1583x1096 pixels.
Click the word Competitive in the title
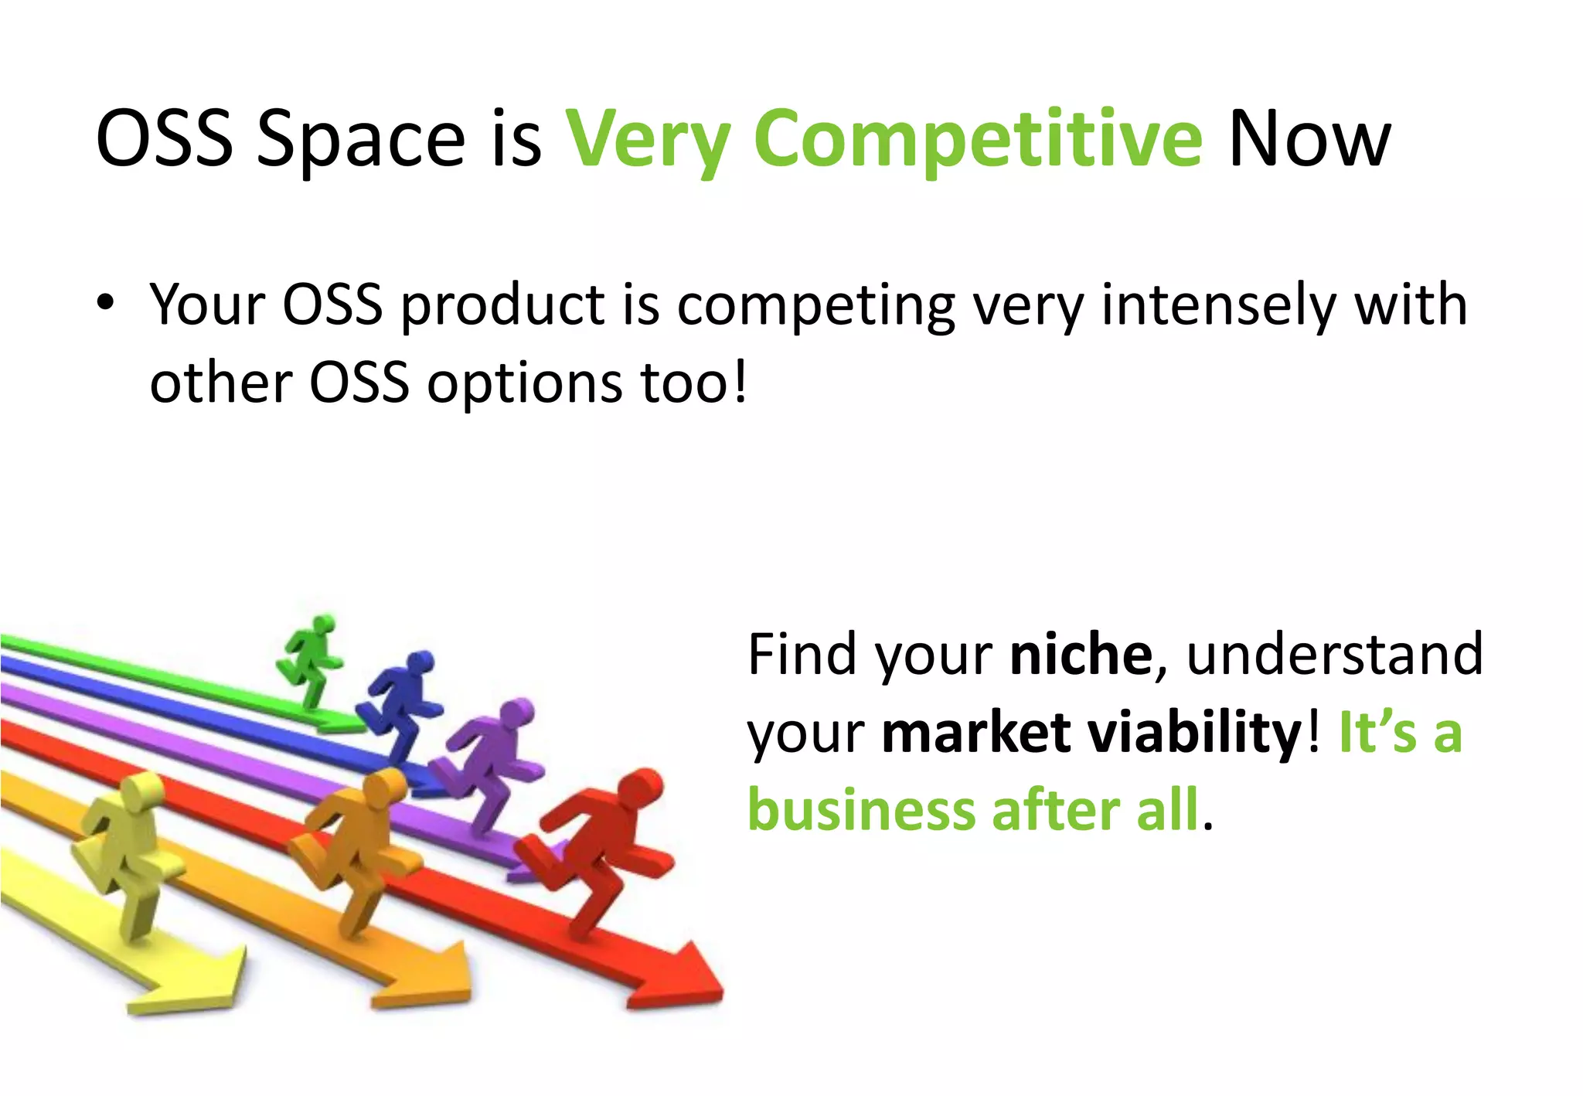(978, 139)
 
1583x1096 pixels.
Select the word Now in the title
(1309, 139)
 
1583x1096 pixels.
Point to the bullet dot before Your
(106, 301)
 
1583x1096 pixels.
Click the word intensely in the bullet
(1218, 305)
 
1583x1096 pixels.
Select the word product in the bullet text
(502, 305)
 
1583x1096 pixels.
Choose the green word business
(861, 810)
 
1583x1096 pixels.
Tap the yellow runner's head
(141, 792)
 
